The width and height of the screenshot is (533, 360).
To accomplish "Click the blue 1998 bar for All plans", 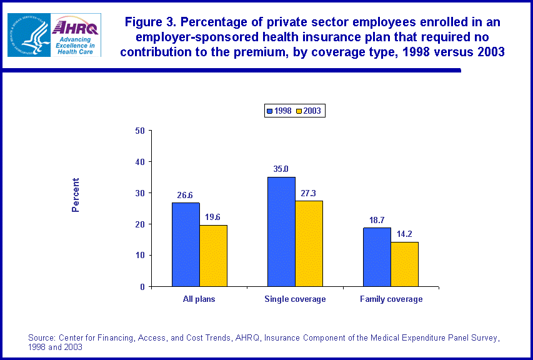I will pyautogui.click(x=186, y=244).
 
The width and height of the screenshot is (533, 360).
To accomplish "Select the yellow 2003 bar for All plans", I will pyautogui.click(x=213, y=256).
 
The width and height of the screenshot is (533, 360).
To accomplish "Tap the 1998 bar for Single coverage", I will pyautogui.click(x=281, y=231).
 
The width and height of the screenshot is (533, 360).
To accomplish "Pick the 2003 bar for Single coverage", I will pyautogui.click(x=309, y=243).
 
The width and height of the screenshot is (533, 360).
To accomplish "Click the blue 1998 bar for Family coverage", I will pyautogui.click(x=377, y=257).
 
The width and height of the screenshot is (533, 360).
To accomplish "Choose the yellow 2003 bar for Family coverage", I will pyautogui.click(x=404, y=264).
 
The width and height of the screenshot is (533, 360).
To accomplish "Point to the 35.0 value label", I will pyautogui.click(x=281, y=169).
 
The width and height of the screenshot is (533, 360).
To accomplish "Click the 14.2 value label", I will pyautogui.click(x=405, y=234).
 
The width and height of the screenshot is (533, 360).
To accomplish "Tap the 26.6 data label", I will pyautogui.click(x=186, y=194).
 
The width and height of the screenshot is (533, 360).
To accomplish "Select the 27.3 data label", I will pyautogui.click(x=309, y=192).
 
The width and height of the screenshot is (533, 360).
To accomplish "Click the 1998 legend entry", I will pyautogui.click(x=279, y=111).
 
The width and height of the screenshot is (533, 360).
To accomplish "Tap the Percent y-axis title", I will pyautogui.click(x=76, y=195).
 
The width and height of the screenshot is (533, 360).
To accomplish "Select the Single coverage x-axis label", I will pyautogui.click(x=295, y=299).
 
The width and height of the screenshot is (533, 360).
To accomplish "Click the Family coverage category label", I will pyautogui.click(x=391, y=299).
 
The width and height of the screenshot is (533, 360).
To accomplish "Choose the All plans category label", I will pyautogui.click(x=199, y=299).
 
